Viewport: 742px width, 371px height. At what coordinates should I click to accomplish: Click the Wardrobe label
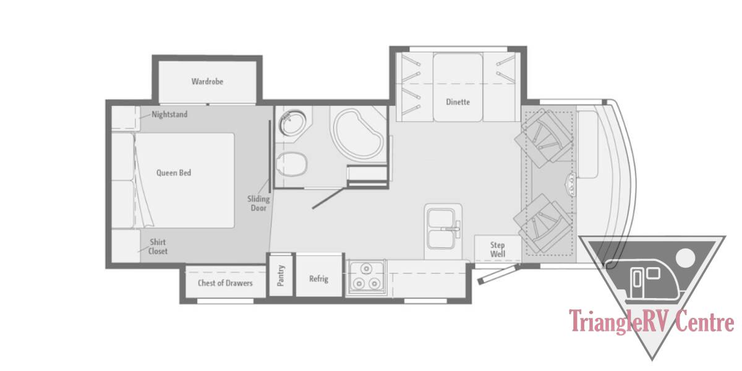207,82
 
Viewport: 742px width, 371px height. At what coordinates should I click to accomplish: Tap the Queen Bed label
174,173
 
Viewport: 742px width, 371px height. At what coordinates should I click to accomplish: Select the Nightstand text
169,114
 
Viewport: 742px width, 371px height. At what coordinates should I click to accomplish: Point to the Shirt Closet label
158,247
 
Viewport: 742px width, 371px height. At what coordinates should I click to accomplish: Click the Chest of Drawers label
225,283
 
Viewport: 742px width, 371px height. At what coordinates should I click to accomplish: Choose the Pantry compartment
281,275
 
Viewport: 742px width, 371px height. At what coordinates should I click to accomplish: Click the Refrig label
318,279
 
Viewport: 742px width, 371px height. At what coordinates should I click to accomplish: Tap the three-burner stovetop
366,277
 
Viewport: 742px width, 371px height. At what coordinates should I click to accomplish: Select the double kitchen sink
443,229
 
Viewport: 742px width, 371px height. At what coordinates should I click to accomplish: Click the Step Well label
498,249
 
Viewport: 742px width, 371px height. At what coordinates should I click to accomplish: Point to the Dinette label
458,102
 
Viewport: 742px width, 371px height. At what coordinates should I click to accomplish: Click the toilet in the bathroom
291,164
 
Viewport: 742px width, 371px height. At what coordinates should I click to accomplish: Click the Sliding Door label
258,203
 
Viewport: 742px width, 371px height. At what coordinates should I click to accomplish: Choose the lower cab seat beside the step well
544,223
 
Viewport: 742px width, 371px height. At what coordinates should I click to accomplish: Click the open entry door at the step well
498,273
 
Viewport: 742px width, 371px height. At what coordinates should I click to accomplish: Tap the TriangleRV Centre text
652,320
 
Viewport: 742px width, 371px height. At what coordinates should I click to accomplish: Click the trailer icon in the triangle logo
644,279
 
